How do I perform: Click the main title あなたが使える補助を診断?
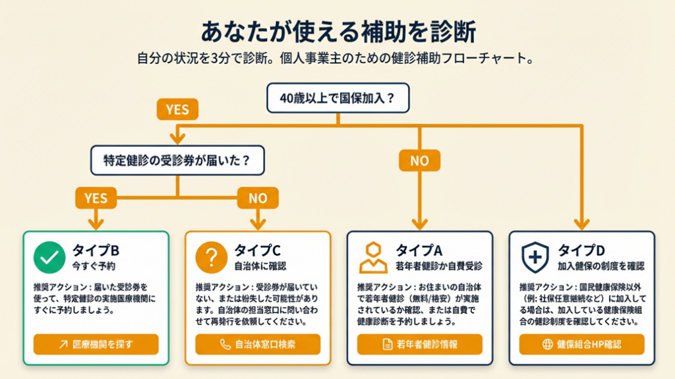pyautogui.click(x=337, y=32)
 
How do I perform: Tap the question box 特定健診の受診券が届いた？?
pyautogui.click(x=177, y=160)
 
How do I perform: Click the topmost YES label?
pyautogui.click(x=177, y=109)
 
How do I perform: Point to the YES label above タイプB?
pyautogui.click(x=96, y=196)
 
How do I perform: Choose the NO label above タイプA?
pyautogui.click(x=419, y=160)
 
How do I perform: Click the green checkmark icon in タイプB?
pyautogui.click(x=49, y=257)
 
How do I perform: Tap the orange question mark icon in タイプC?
pyautogui.click(x=211, y=257)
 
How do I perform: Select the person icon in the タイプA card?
pyautogui.click(x=373, y=257)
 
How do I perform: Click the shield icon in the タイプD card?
pyautogui.click(x=535, y=257)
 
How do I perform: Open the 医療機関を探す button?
pyautogui.click(x=96, y=344)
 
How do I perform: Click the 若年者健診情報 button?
pyautogui.click(x=420, y=344)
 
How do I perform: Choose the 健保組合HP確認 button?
pyautogui.click(x=581, y=344)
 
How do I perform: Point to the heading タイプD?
pyautogui.click(x=581, y=250)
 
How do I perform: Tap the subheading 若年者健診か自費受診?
pyautogui.click(x=439, y=266)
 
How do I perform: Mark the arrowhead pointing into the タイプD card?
pyautogui.click(x=581, y=224)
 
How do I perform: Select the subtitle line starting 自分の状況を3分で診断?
pyautogui.click(x=335, y=58)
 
